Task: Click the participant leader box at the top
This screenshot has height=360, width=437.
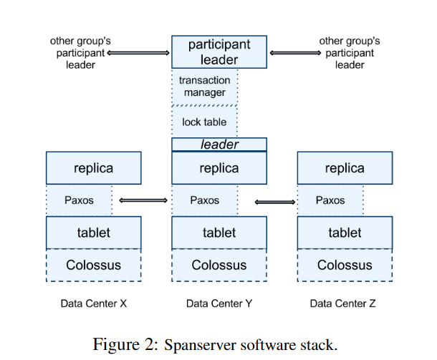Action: pyautogui.click(x=218, y=52)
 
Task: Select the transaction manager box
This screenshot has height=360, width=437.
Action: pyautogui.click(x=204, y=87)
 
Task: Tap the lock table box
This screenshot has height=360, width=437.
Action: pyautogui.click(x=204, y=122)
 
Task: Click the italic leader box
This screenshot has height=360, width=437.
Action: pyautogui.click(x=218, y=145)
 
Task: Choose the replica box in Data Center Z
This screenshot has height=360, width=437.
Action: pyautogui.click(x=345, y=168)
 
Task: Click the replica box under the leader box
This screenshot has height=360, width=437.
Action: pyautogui.click(x=218, y=168)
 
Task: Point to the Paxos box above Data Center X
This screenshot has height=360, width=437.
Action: pyautogui.click(x=79, y=200)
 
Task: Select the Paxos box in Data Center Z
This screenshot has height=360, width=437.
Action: pyautogui.click(x=330, y=200)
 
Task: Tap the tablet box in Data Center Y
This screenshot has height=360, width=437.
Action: pyautogui.click(x=218, y=233)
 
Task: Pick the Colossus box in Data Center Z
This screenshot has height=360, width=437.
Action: pyautogui.click(x=345, y=266)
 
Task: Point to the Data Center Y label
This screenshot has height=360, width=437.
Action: pyautogui.click(x=218, y=303)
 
